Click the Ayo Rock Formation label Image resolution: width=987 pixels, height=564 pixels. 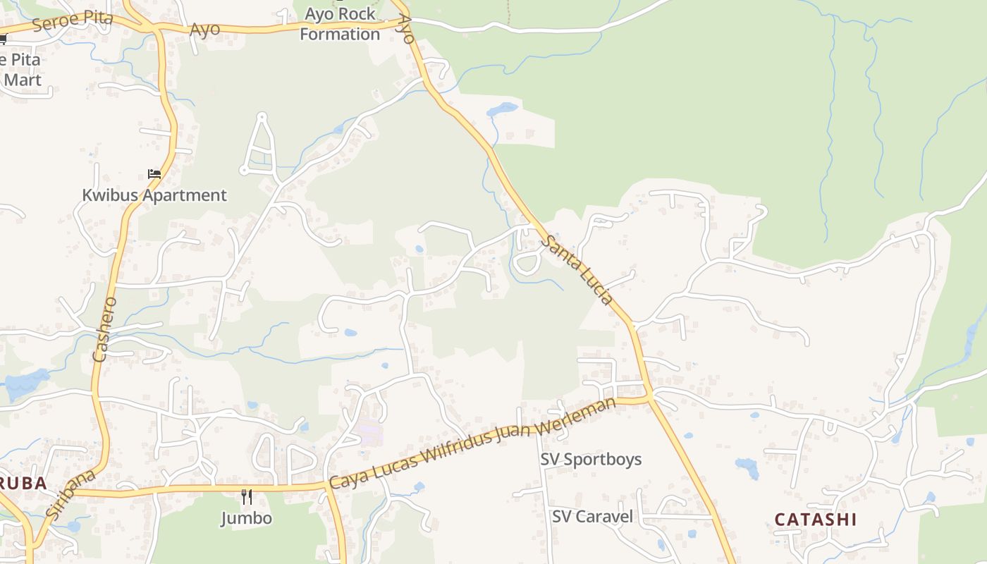click(x=339, y=24)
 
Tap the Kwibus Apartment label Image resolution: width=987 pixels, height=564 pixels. click(x=154, y=195)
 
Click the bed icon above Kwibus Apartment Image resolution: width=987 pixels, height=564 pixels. click(x=154, y=173)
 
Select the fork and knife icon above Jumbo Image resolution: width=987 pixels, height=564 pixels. click(x=247, y=497)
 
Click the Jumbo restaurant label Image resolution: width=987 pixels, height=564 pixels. click(x=246, y=518)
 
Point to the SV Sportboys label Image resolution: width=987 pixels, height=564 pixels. click(x=591, y=459)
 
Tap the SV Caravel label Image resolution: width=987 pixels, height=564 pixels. click(x=592, y=516)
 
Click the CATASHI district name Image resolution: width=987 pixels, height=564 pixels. click(x=816, y=520)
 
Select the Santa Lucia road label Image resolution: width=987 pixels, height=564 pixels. click(x=577, y=270)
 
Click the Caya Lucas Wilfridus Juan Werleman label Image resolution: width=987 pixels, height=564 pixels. click(x=472, y=443)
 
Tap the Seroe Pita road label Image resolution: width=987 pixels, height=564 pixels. click(x=72, y=20)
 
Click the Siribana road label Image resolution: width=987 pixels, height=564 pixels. click(x=69, y=496)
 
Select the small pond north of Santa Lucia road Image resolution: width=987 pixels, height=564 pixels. click(x=501, y=109)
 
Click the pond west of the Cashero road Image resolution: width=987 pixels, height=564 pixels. click(x=25, y=382)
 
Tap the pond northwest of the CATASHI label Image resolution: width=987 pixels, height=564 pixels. click(x=746, y=465)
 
